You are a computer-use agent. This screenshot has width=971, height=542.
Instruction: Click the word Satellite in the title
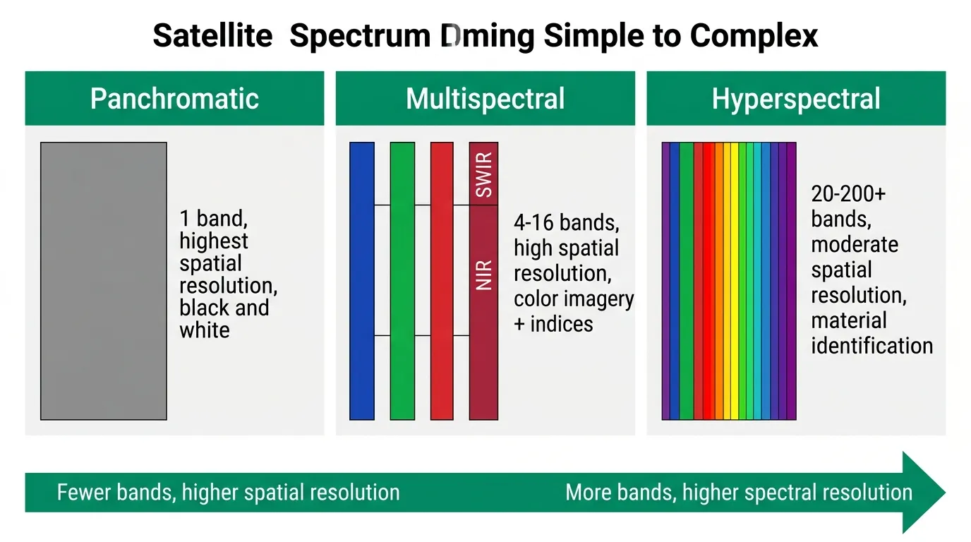[212, 35]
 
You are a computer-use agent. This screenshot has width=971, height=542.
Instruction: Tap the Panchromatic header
[174, 99]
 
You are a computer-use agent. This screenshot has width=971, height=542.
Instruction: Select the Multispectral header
[485, 99]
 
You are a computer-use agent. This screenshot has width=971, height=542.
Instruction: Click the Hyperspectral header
[796, 99]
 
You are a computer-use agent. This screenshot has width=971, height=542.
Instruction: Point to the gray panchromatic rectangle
[104, 281]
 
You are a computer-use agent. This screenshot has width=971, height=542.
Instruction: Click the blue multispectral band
[362, 281]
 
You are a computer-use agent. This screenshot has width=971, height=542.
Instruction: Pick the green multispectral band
[402, 281]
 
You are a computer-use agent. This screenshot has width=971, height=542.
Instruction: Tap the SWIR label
[484, 174]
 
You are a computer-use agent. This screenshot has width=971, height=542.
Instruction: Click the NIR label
[484, 275]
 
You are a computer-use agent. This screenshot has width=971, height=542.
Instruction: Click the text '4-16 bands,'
[567, 223]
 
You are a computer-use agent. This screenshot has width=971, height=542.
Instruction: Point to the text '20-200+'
[848, 193]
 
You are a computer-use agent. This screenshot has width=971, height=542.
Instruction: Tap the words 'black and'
[224, 308]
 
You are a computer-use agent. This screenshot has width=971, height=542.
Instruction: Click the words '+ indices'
[553, 324]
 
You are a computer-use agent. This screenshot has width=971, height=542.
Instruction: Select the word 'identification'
[872, 346]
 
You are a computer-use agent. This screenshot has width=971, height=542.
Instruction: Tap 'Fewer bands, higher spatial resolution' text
[228, 492]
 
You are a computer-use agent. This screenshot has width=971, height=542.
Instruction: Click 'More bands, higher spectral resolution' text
[739, 492]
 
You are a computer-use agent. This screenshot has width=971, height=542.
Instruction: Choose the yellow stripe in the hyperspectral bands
[735, 281]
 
